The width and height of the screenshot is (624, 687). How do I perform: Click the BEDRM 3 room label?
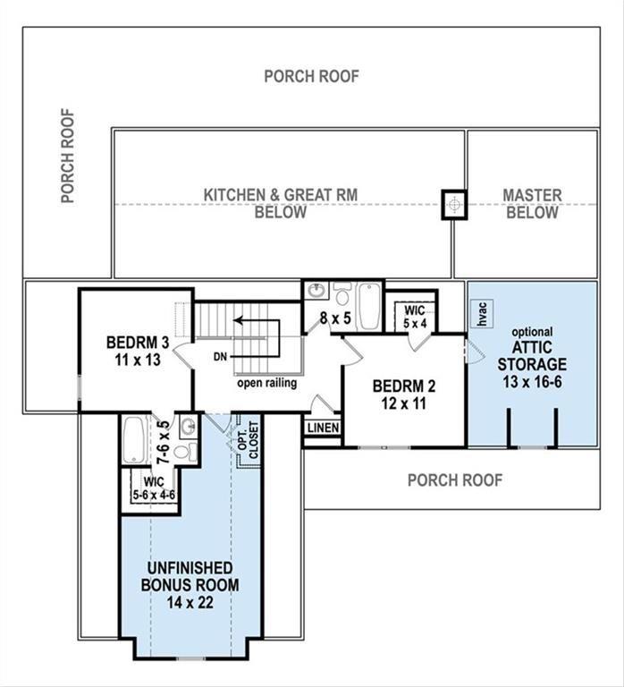pos(136,350)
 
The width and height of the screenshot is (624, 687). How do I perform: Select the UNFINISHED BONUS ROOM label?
pos(190,586)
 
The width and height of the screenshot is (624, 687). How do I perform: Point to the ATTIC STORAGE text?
pos(533,356)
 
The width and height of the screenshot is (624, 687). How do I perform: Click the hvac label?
pos(481,313)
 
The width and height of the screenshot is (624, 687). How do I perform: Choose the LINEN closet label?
pos(323,428)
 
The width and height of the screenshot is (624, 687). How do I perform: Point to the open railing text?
pos(267,384)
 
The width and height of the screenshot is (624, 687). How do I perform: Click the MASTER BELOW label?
pos(532,204)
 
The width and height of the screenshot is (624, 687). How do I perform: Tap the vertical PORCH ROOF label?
pos(68,156)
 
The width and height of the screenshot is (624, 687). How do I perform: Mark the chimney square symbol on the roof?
pos(455,204)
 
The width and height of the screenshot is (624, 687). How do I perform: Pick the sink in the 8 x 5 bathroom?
pos(315,291)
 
